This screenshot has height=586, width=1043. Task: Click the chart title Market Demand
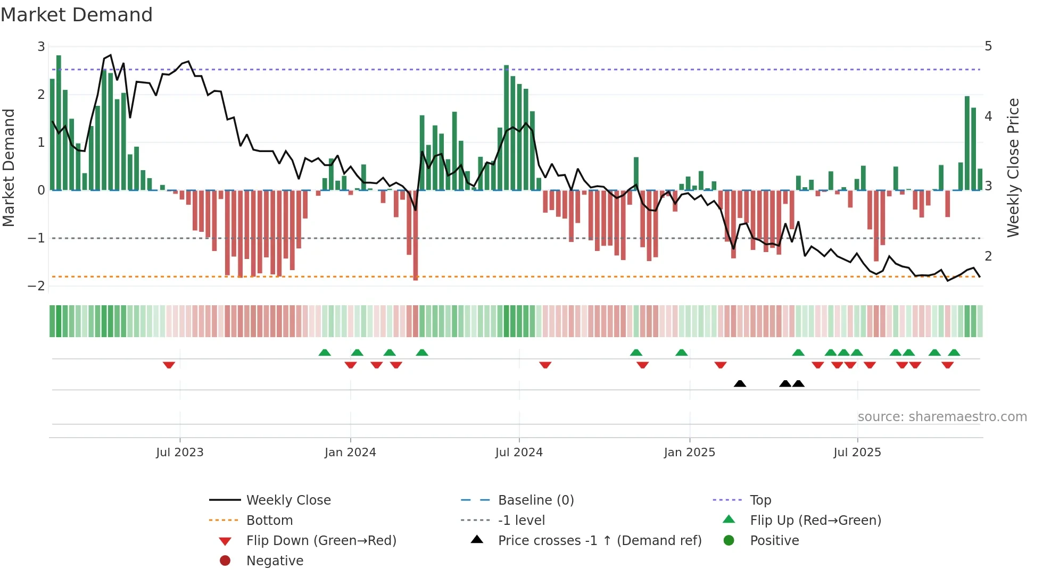click(77, 15)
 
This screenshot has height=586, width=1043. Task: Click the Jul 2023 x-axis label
click(179, 453)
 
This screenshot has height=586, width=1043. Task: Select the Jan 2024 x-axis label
click(350, 453)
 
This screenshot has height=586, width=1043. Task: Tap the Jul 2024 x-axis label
click(519, 453)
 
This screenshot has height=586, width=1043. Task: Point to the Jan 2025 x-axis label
click(689, 453)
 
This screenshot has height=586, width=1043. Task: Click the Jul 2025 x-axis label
click(857, 453)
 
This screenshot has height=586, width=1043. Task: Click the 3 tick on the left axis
click(41, 47)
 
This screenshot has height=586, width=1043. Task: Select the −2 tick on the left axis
click(37, 286)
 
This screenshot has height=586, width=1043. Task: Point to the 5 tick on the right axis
click(988, 46)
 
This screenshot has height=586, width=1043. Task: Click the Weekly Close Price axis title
click(1013, 168)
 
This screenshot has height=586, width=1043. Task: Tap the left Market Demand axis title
click(9, 168)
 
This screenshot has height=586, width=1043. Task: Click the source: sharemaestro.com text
click(942, 417)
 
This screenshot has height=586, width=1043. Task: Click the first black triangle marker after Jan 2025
click(740, 384)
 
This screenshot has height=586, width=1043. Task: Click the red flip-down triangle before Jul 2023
click(169, 365)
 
